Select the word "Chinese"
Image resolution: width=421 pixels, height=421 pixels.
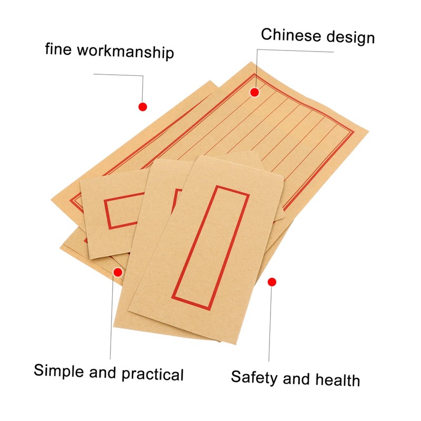point(292,36)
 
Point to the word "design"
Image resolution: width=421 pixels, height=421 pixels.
point(350,37)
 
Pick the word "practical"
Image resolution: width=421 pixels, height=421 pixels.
point(153,374)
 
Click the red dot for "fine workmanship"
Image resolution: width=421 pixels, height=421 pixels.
point(142,107)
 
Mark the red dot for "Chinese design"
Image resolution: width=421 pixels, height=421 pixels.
point(255,93)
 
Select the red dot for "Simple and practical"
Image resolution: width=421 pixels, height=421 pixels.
point(118,272)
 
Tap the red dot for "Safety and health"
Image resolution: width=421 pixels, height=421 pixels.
point(272,282)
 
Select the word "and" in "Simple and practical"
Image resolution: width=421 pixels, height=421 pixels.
point(104,373)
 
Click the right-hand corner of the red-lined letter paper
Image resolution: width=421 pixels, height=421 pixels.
point(367,129)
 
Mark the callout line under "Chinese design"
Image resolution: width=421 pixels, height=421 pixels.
point(295,51)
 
